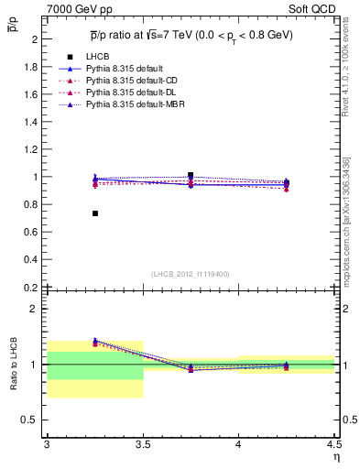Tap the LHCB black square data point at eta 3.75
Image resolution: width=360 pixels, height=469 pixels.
191,175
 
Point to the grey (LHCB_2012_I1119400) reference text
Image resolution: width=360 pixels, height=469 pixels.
191,274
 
